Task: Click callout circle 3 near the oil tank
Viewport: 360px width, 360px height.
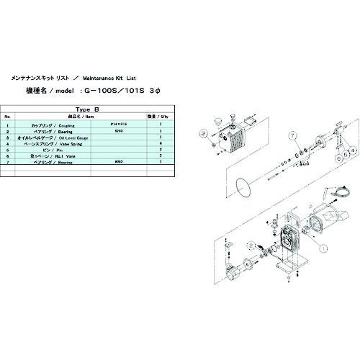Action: (204, 134)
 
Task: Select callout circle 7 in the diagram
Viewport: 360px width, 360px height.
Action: (293, 135)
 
